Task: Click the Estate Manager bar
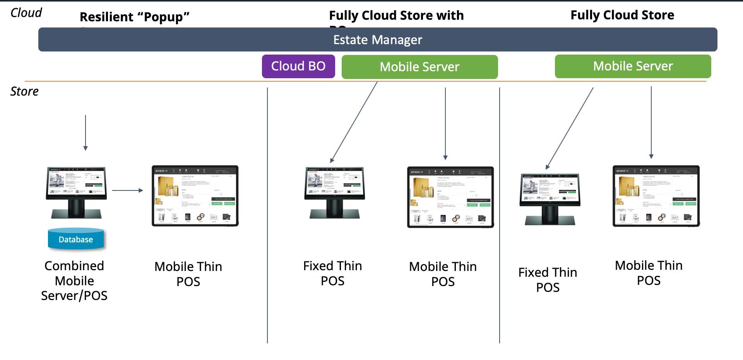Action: coord(377,39)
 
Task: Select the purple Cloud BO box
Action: coord(298,66)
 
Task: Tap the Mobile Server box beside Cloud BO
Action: coord(419,67)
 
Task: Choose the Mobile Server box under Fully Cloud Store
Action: coord(633,66)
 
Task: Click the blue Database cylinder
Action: coord(76,239)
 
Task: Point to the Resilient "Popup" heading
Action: coord(134,17)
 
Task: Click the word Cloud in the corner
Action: coord(26,13)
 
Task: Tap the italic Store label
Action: coord(24,91)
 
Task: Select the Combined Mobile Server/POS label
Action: coord(74,281)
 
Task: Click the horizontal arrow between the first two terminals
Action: coord(128,190)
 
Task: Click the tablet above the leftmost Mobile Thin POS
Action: coord(195,195)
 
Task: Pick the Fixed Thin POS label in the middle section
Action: coord(332,273)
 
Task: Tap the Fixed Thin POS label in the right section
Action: coord(548,280)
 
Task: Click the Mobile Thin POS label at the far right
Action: coord(649,273)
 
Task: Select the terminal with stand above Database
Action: coord(76,192)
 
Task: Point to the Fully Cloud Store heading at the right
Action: coord(622,15)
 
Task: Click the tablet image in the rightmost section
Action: coord(656,196)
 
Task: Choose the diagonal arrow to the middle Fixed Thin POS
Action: coord(354,122)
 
